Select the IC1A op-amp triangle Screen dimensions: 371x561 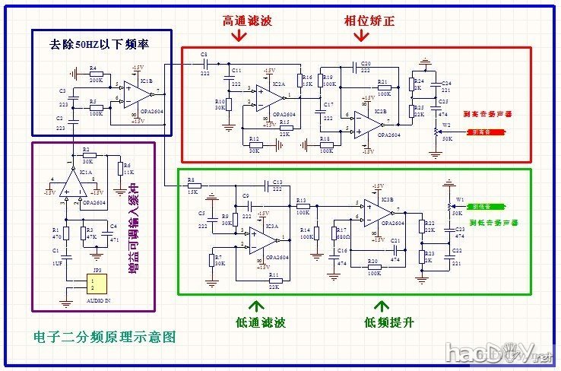click(84, 185)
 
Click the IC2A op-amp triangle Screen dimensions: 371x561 click(267, 97)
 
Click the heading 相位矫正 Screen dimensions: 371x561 click(369, 21)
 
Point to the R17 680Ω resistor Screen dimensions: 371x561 click(333, 233)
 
